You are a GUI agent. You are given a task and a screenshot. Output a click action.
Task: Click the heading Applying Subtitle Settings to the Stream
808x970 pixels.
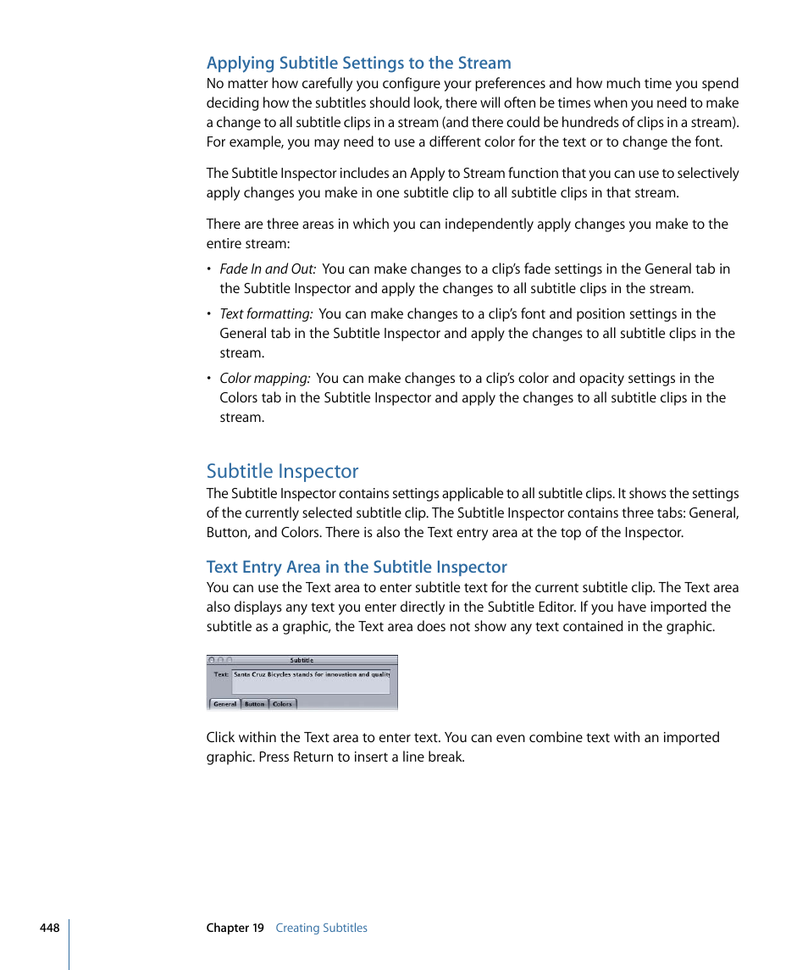tap(358, 63)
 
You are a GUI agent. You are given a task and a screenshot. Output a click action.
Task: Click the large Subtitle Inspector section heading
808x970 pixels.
tap(282, 471)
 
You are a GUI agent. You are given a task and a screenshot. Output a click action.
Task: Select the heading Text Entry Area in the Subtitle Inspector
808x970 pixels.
tap(357, 567)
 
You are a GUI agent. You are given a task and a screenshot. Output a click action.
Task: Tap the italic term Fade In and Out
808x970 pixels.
tap(268, 269)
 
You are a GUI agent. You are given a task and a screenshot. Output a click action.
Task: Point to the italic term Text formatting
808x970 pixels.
tap(266, 313)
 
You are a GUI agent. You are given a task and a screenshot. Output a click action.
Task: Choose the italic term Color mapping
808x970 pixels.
tap(264, 378)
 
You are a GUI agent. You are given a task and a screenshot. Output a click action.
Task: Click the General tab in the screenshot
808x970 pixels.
tap(224, 704)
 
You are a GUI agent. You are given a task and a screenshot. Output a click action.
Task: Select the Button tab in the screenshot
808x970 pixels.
tap(254, 704)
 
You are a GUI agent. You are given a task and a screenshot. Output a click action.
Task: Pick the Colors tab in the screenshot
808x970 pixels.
tap(282, 704)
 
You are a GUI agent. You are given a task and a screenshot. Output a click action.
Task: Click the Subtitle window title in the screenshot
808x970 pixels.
tap(302, 660)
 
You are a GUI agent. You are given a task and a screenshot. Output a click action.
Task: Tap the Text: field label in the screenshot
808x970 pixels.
tap(220, 675)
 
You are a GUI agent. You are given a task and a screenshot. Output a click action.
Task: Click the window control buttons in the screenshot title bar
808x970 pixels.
tap(219, 660)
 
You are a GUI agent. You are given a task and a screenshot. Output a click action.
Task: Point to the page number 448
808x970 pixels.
tap(49, 928)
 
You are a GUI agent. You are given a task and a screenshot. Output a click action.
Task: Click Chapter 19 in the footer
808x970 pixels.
tap(235, 928)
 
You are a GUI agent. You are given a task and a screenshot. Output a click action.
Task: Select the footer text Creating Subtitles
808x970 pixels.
tap(321, 928)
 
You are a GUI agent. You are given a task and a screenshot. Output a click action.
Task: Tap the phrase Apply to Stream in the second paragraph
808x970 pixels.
tap(451, 173)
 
